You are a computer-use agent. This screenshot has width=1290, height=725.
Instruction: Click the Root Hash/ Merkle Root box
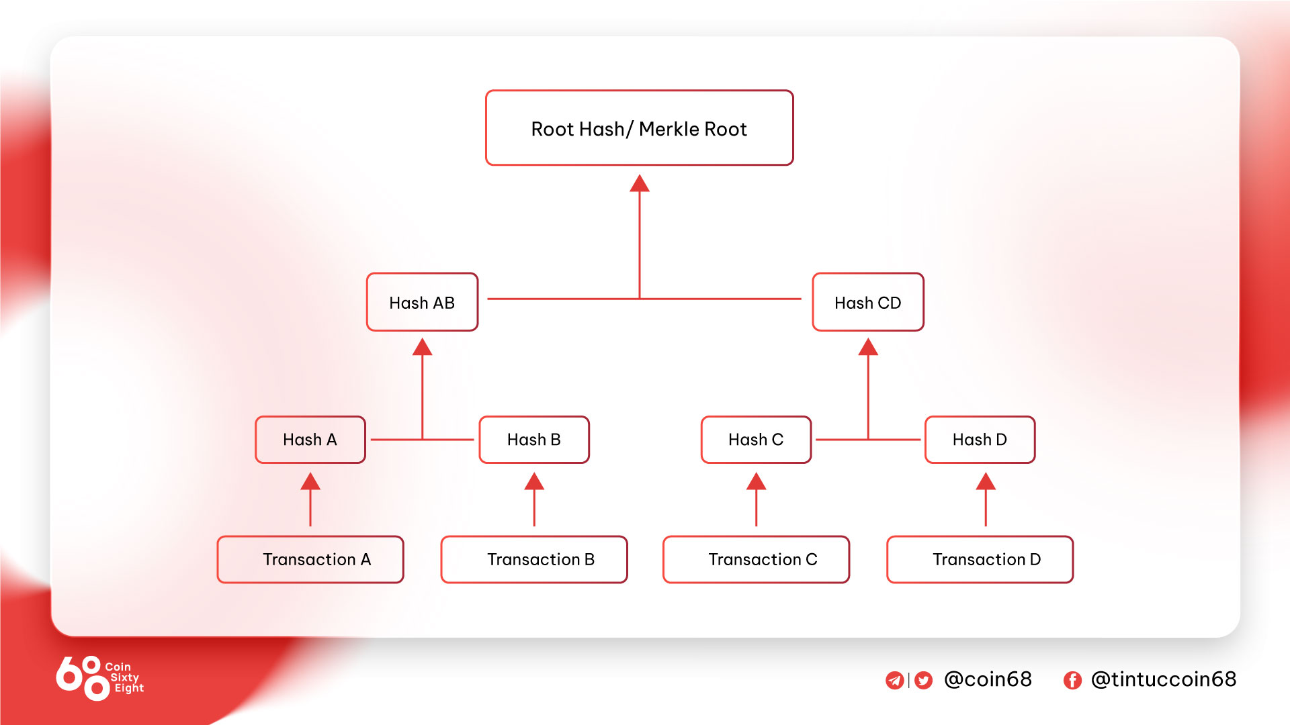click(x=639, y=128)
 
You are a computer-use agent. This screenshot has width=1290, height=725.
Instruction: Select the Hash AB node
click(x=422, y=302)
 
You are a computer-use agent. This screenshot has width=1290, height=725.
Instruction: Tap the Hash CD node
click(x=868, y=302)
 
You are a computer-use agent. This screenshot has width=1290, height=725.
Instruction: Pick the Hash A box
click(x=310, y=440)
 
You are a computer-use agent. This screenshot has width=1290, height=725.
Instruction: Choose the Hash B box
click(x=534, y=440)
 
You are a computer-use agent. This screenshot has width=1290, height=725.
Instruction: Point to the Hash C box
click(x=757, y=440)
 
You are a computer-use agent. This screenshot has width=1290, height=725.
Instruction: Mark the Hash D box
click(x=980, y=440)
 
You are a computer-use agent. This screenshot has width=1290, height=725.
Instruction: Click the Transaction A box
click(x=310, y=559)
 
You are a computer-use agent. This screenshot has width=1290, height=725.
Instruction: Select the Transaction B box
click(x=534, y=559)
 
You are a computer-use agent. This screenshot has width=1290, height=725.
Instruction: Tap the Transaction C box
click(x=757, y=559)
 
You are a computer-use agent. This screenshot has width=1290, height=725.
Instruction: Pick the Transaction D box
click(x=980, y=559)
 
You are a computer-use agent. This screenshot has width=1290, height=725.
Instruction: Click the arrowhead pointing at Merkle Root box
click(x=640, y=183)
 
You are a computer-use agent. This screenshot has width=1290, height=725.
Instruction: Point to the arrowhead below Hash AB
click(x=422, y=347)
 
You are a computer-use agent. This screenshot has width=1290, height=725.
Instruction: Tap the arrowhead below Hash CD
click(x=868, y=347)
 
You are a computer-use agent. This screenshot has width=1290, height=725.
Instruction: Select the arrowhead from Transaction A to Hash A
click(x=310, y=481)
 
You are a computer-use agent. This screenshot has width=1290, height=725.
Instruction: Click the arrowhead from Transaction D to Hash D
click(x=986, y=481)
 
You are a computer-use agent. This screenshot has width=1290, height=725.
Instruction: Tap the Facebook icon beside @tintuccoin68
click(x=1072, y=681)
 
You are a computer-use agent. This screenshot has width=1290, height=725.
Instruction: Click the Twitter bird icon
click(x=924, y=681)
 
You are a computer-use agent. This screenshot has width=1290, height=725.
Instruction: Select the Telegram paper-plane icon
click(x=894, y=681)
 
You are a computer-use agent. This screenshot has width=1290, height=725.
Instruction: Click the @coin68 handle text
click(x=988, y=679)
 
